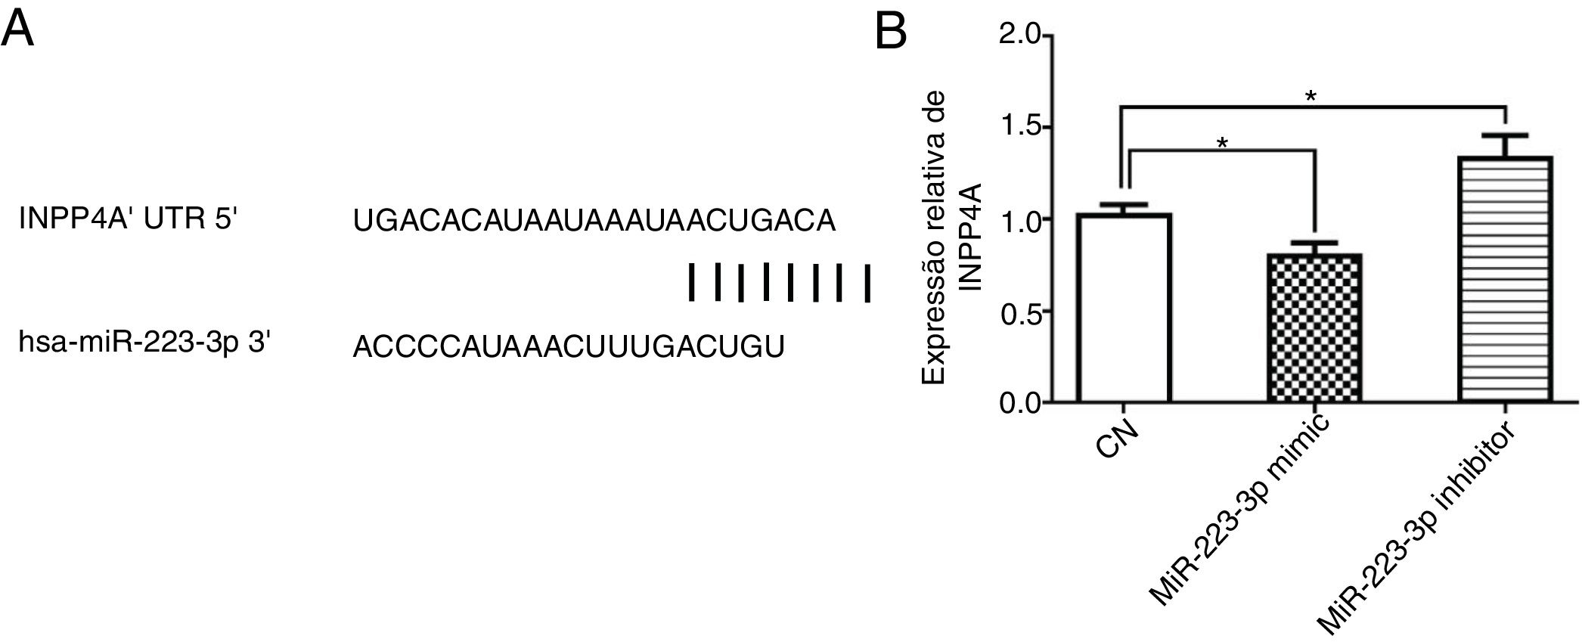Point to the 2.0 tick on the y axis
[x=1020, y=36]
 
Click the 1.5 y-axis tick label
[x=1020, y=127]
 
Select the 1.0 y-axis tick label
[x=1020, y=219]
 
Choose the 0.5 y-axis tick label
[x=1020, y=311]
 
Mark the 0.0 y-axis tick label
[x=1020, y=402]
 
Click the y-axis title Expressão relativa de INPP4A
[x=950, y=238]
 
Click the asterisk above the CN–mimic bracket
[x=1222, y=144]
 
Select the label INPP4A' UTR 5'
[x=129, y=220]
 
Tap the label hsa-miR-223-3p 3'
[x=144, y=344]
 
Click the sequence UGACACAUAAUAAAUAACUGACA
[x=594, y=221]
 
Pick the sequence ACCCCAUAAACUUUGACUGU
[x=568, y=346]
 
